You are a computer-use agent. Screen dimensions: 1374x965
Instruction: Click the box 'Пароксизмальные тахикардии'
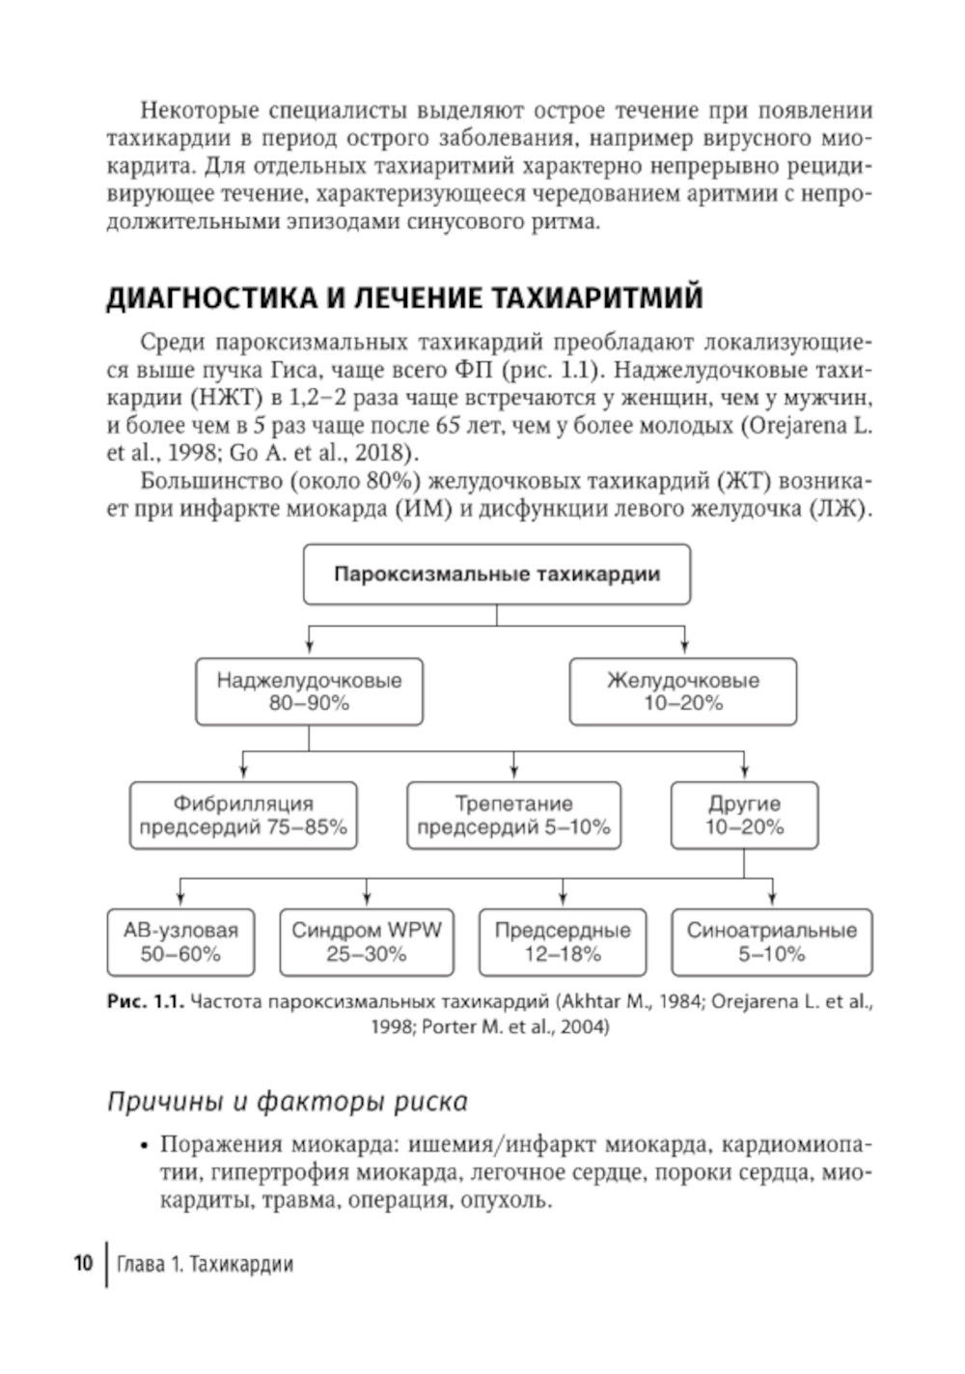(497, 575)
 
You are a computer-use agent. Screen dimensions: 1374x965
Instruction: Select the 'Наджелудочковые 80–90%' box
(309, 691)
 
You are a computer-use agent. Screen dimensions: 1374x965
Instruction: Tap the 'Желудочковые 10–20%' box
(683, 691)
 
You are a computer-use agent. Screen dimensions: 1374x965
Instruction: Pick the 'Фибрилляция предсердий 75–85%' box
(243, 815)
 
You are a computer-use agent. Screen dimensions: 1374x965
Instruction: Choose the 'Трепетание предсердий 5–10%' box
(513, 815)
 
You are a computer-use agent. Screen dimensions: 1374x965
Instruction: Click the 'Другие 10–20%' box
(744, 815)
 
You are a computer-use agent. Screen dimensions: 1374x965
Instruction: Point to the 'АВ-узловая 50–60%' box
(180, 941)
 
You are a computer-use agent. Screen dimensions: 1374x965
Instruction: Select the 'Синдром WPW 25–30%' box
(367, 941)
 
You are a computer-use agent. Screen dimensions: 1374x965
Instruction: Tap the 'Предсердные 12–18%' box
(563, 941)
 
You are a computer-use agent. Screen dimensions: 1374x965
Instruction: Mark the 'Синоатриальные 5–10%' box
(772, 941)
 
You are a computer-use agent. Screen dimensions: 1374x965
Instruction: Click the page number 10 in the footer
(83, 1263)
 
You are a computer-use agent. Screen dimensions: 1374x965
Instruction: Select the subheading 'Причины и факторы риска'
(287, 1101)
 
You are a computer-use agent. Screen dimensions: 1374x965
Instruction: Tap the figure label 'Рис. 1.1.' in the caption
(145, 1002)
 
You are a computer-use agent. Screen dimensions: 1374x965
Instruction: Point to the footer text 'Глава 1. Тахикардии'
(205, 1264)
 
